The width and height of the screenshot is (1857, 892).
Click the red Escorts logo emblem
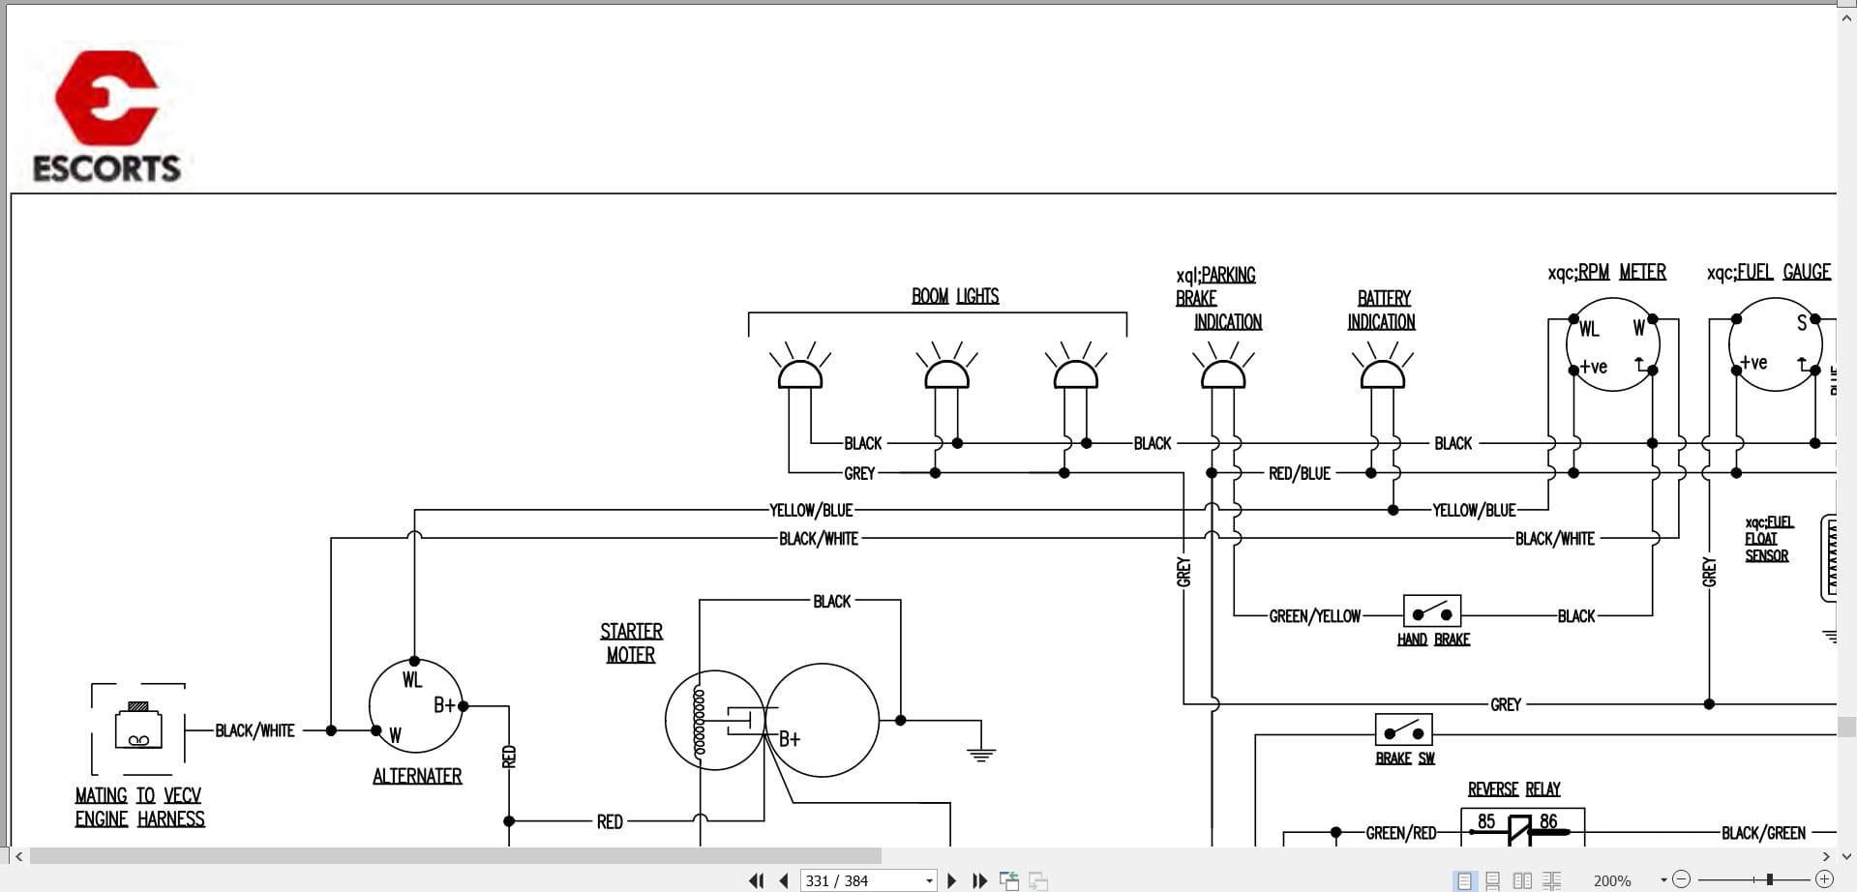point(106,97)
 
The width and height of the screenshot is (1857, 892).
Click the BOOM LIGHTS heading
point(955,296)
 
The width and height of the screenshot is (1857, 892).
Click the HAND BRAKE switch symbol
point(1432,611)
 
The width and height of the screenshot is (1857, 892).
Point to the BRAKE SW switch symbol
point(1403,729)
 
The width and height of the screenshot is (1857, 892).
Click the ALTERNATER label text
point(417,776)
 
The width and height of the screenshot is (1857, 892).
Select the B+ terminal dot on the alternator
point(464,706)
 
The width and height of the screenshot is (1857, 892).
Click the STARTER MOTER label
point(631,642)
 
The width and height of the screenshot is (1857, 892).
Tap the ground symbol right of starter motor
point(981,754)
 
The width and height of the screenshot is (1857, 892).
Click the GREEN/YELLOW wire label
point(1314,616)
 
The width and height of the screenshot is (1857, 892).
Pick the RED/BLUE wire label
point(1300,473)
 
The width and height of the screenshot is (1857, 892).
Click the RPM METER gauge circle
point(1612,344)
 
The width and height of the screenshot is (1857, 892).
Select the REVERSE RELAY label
point(1513,789)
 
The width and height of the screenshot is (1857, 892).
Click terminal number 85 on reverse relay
point(1486,821)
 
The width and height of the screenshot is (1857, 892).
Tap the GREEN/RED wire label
point(1400,833)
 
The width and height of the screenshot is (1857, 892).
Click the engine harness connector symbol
point(138,728)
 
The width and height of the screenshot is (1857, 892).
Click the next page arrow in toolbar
point(951,880)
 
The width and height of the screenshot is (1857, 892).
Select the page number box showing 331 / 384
point(868,880)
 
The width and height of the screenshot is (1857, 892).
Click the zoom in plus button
point(1824,879)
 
